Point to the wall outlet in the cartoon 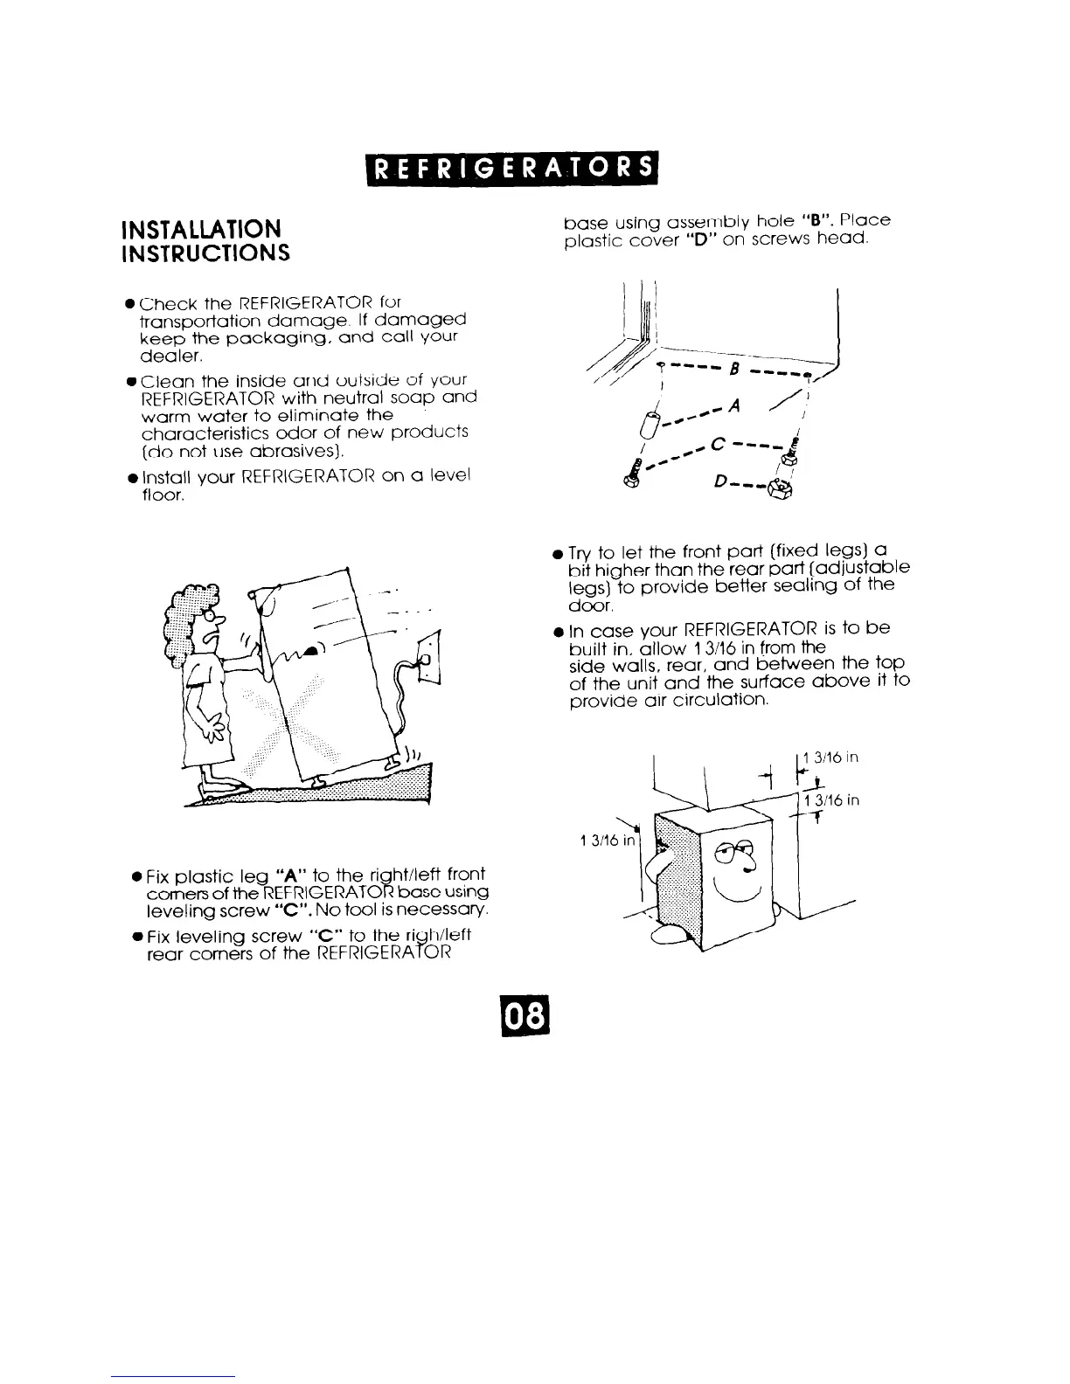[430, 654]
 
